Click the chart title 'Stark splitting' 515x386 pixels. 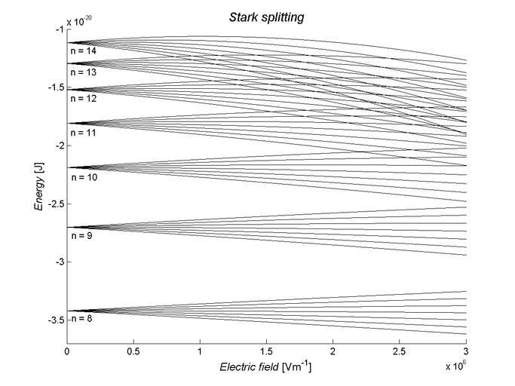tap(267, 17)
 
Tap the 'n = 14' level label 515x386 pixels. tap(83, 51)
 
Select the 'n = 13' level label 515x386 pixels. tap(83, 73)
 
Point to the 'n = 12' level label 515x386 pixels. tap(83, 99)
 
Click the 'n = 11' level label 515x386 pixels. tap(83, 132)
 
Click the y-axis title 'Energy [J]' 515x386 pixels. tap(38, 185)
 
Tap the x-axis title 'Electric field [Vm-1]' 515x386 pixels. tap(265, 368)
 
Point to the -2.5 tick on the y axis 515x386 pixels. tap(56, 204)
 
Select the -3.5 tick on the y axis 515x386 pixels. tap(56, 320)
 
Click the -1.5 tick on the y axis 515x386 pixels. tap(56, 87)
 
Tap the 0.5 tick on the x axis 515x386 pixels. tap(133, 352)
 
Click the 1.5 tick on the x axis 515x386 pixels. tap(266, 352)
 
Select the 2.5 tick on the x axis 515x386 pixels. tap(400, 352)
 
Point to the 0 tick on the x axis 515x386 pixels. tap(68, 352)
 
